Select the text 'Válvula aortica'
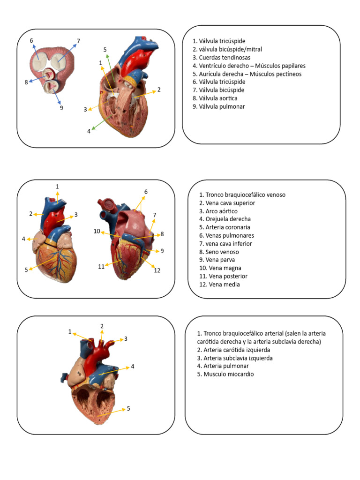tap(215, 98)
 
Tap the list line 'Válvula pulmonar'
tap(218, 106)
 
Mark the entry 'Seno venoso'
tap(219, 252)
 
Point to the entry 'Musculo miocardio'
tap(225, 374)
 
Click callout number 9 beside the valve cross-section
tap(61, 108)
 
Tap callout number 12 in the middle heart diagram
tap(157, 270)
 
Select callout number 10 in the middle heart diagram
tap(97, 231)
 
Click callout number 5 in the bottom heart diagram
tap(128, 409)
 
